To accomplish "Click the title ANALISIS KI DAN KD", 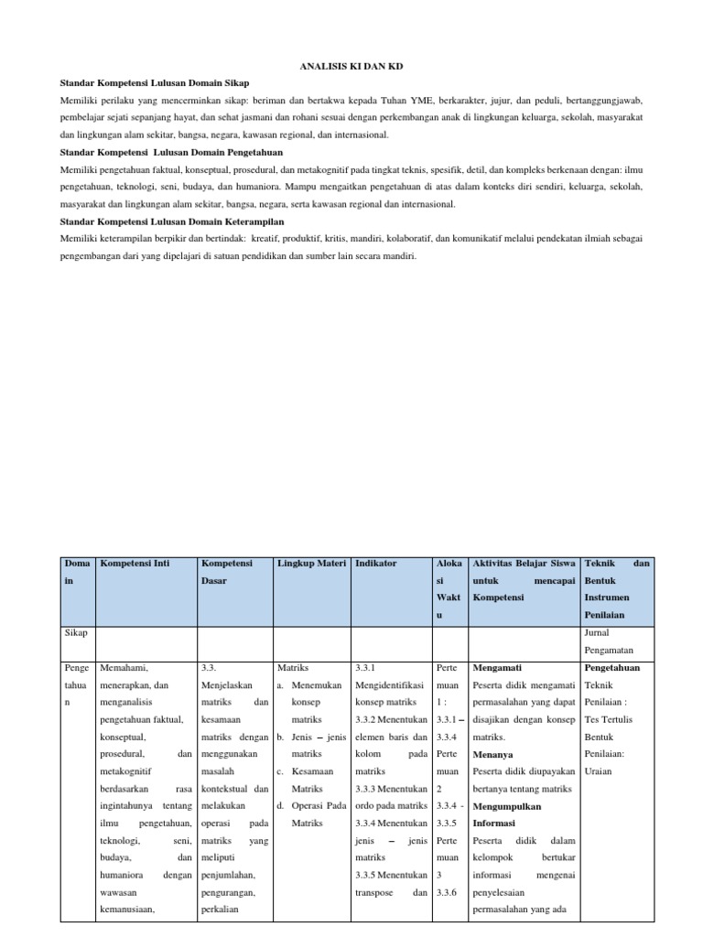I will [x=351, y=66].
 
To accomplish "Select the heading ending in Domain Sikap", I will [x=154, y=83].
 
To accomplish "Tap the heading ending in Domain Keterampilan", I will [x=171, y=221].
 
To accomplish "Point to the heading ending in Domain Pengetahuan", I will [x=171, y=152].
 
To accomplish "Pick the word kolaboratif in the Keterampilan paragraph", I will [x=394, y=239].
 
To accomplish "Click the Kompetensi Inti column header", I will [x=135, y=564].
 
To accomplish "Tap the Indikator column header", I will [x=375, y=564].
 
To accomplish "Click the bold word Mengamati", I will [x=498, y=668].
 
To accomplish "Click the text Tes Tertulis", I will [x=608, y=719].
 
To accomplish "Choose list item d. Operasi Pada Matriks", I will [x=311, y=814].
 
